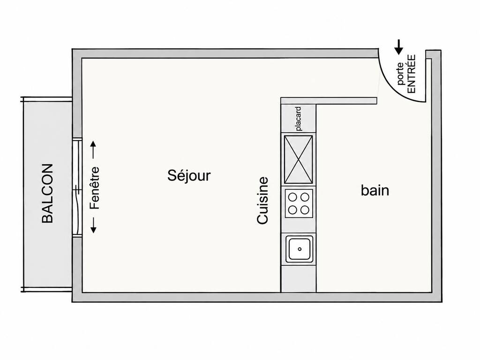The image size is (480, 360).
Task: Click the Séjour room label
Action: coord(189,176)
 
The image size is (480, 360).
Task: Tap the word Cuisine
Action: coord(262,201)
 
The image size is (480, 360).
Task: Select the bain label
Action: coord(375,190)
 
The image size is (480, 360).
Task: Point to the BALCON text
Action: coord(47,194)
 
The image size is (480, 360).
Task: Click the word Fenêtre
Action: coord(95,188)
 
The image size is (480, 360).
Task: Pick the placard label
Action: coord(299,119)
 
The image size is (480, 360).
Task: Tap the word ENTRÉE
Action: coord(412,74)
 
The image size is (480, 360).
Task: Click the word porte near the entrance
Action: coord(400,74)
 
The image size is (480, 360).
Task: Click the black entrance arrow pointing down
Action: coord(398,47)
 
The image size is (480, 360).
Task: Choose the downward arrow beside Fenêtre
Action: coord(94,225)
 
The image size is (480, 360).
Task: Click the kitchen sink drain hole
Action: coord(300,249)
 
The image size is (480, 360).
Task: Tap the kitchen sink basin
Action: coord(300,249)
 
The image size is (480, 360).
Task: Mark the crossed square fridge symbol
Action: coord(299,159)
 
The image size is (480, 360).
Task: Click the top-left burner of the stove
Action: coord(292,197)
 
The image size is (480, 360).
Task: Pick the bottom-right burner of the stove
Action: coord(305,210)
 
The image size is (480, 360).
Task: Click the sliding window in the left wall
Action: coord(77,187)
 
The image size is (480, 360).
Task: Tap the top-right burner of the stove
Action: coord(305,197)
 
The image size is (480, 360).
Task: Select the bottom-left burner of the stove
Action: coord(292,210)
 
